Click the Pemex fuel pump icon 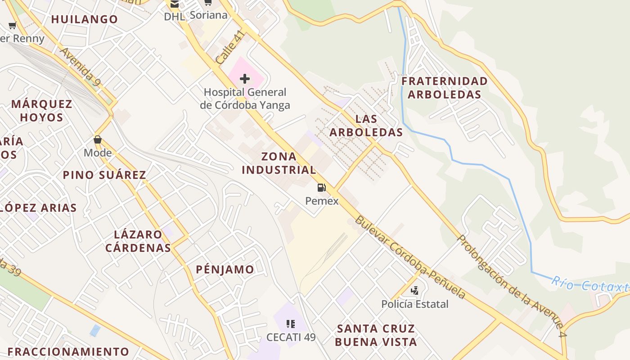point(322,188)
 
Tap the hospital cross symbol point(245,79)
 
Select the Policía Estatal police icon point(415,291)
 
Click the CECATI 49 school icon point(291,324)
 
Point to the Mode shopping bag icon point(98,139)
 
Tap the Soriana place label point(208,15)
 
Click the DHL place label point(174,17)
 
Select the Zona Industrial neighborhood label point(279,163)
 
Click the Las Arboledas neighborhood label point(366,126)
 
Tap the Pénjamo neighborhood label point(225,270)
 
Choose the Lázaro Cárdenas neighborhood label point(138,241)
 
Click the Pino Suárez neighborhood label point(104,175)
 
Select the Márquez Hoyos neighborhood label point(41,111)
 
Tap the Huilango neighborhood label point(85,19)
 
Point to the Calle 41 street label point(230,47)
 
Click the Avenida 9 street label point(80,67)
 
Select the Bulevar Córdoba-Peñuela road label point(409,257)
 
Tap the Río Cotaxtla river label point(589,285)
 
